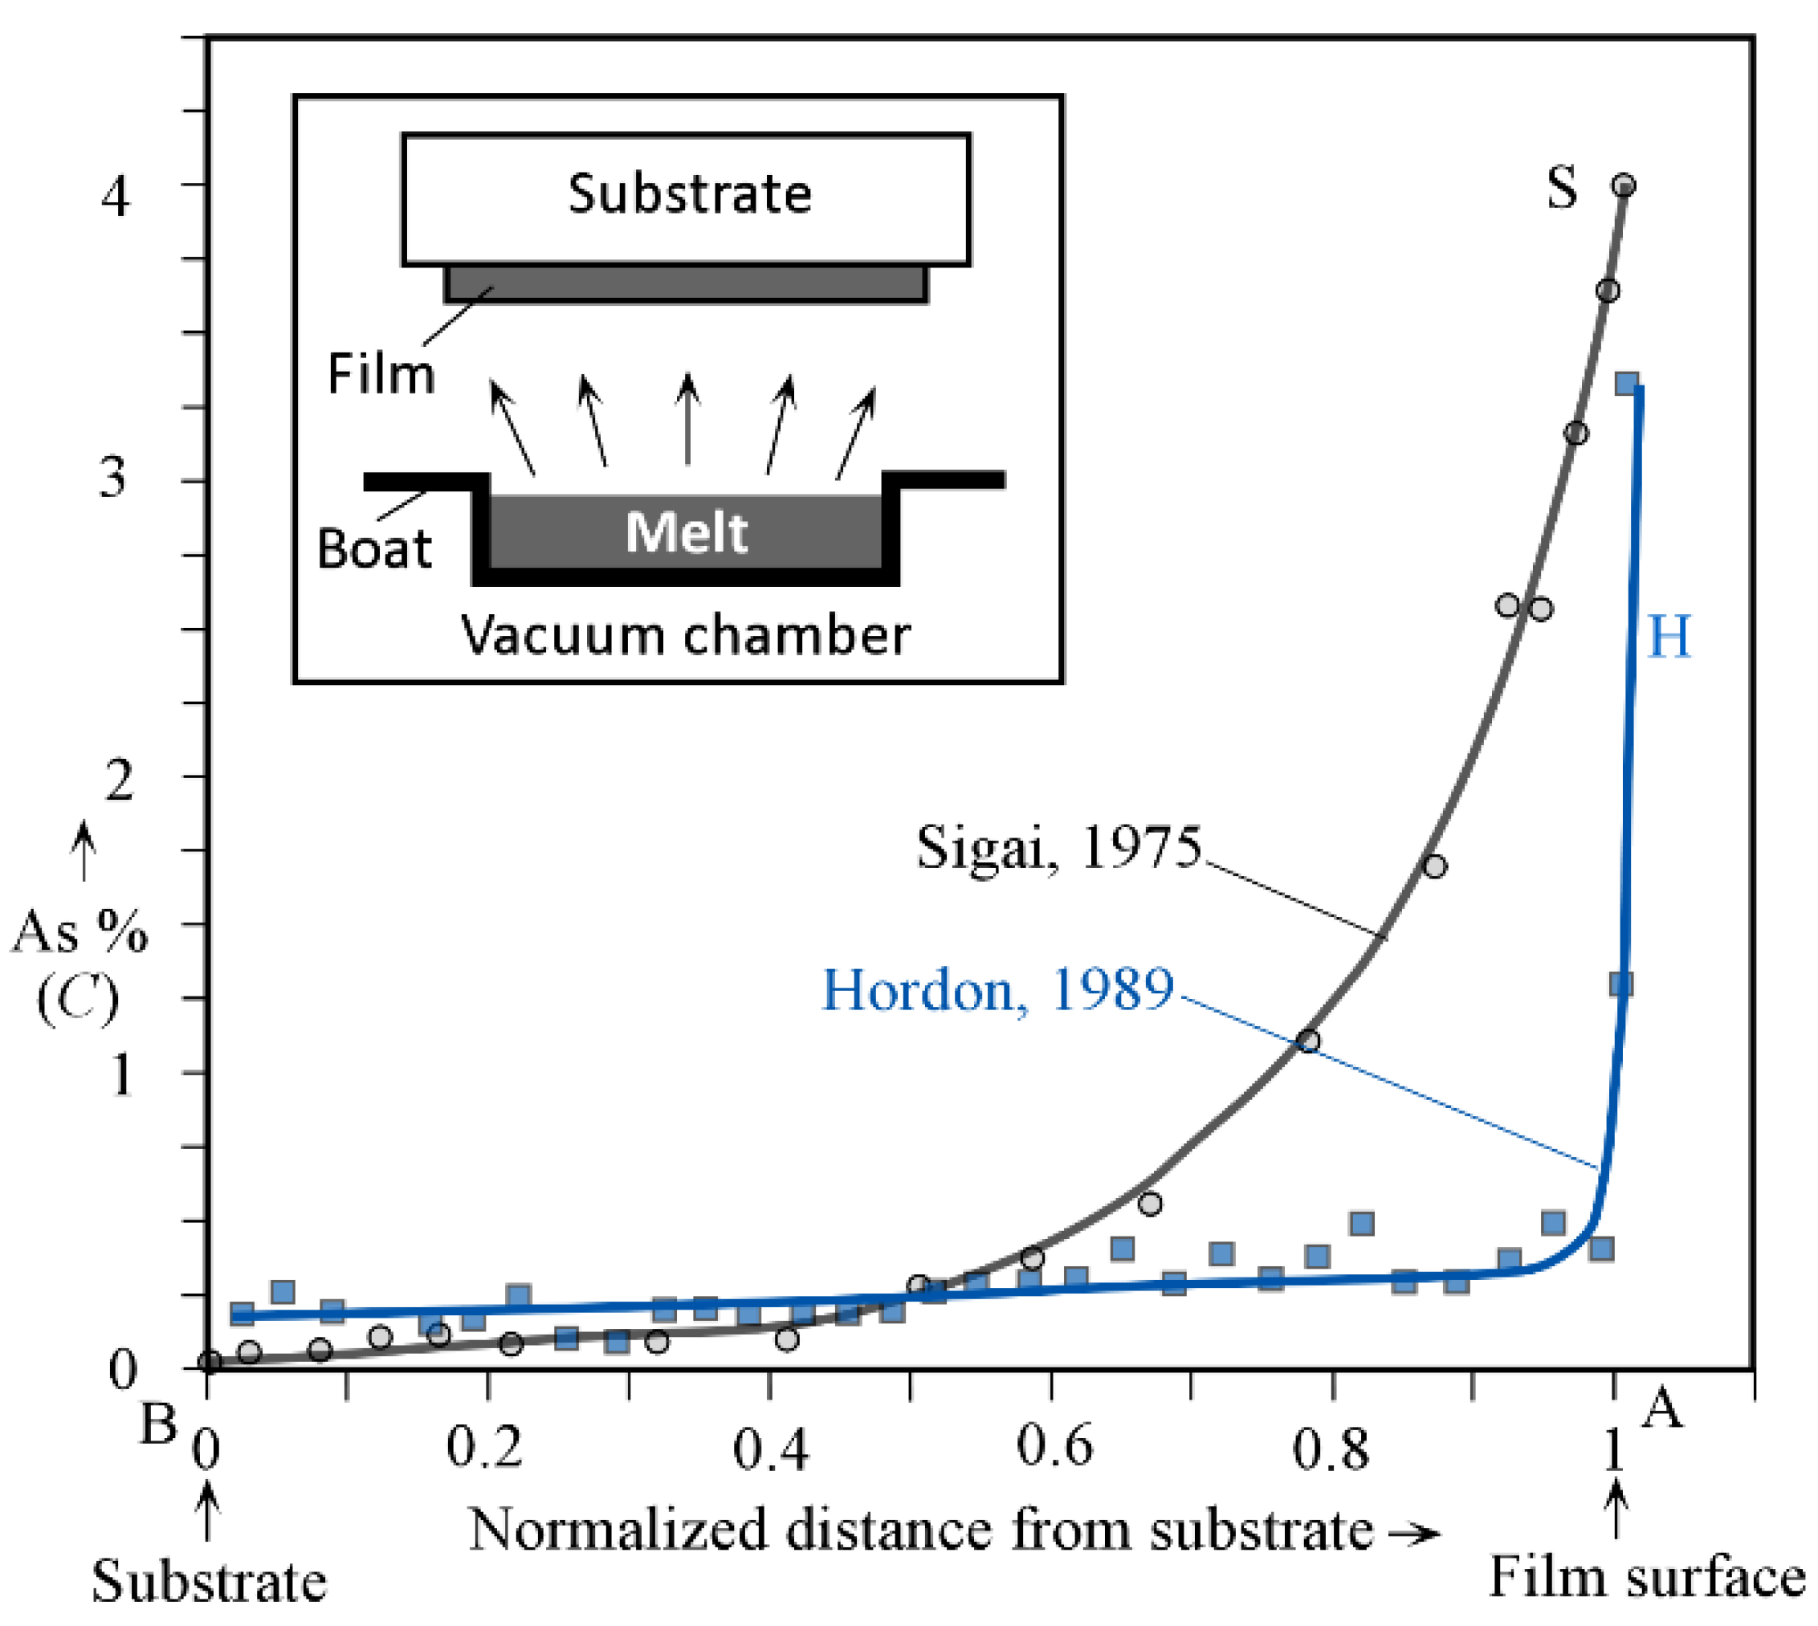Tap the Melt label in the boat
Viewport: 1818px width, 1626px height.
click(685, 532)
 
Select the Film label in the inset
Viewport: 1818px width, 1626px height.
click(381, 373)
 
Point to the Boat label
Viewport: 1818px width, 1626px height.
click(374, 548)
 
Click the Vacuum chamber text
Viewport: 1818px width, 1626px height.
click(685, 636)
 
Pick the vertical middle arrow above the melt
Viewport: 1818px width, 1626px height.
click(687, 419)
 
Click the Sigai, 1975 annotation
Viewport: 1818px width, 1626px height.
click(1058, 846)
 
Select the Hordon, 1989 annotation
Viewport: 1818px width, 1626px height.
click(997, 990)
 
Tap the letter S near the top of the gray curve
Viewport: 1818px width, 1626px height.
click(1561, 189)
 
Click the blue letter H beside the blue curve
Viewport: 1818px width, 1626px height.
click(1669, 637)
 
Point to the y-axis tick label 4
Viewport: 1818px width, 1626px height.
click(114, 195)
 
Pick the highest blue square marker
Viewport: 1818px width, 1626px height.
click(1627, 384)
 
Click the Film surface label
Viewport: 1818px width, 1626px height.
click(1645, 1578)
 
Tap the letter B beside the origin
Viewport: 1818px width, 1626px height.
click(158, 1423)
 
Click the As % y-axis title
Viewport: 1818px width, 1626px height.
click(79, 933)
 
